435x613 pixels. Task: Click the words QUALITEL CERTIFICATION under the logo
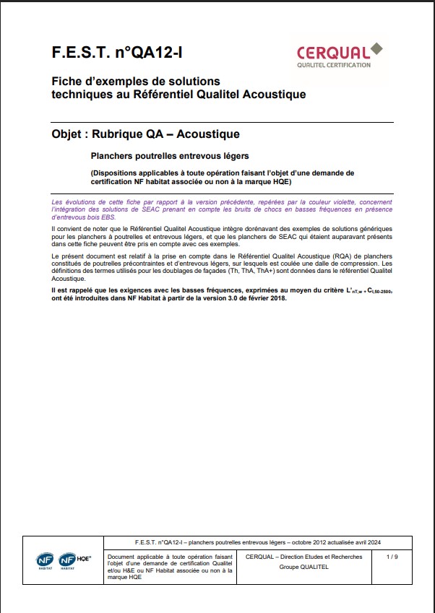pyautogui.click(x=334, y=65)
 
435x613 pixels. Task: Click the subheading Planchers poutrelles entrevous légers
pyautogui.click(x=169, y=155)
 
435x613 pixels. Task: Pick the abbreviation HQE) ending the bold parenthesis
pyautogui.click(x=279, y=182)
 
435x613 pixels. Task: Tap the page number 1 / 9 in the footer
pyautogui.click(x=392, y=557)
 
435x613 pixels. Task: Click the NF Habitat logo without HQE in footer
pyautogui.click(x=45, y=560)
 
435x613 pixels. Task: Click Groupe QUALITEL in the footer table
pyautogui.click(x=300, y=567)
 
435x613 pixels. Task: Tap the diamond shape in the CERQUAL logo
pyautogui.click(x=376, y=48)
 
